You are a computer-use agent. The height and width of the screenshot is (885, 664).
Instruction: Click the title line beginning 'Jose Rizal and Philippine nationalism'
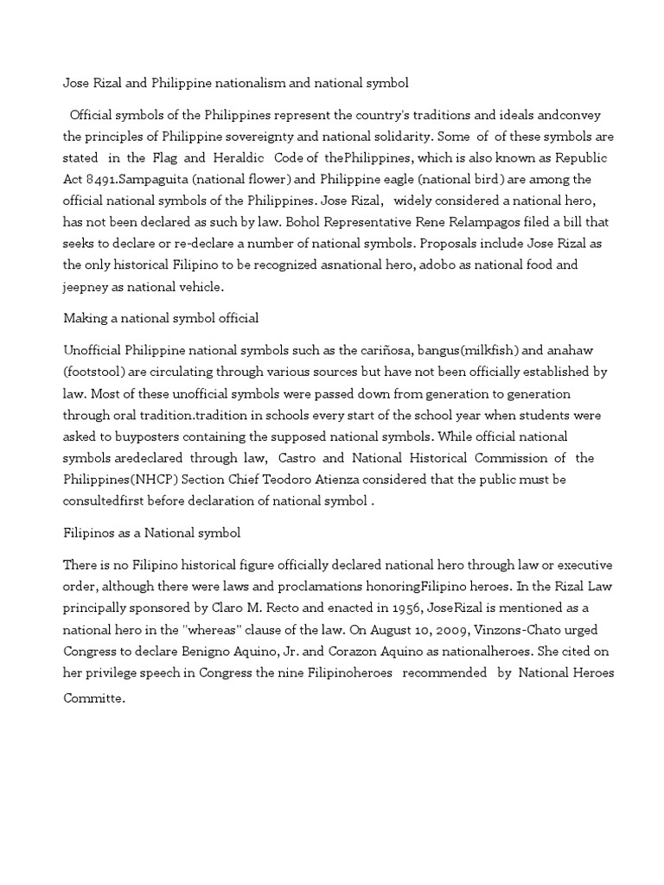coord(236,85)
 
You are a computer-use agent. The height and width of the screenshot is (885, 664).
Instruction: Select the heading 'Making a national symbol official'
coord(161,318)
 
